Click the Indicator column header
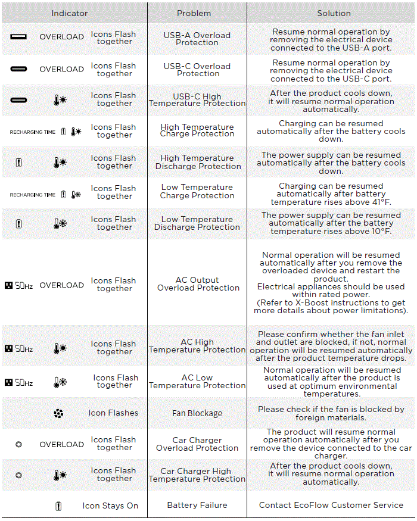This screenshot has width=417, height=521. click(x=70, y=13)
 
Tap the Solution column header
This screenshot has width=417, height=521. click(x=334, y=13)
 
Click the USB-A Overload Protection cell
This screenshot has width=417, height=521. click(x=197, y=39)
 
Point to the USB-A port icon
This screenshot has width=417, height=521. click(x=18, y=37)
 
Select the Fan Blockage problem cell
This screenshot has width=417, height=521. click(x=197, y=413)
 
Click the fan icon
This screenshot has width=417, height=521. click(x=58, y=413)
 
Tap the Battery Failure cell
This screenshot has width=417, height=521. click(x=197, y=505)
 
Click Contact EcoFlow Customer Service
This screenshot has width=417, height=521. click(x=331, y=505)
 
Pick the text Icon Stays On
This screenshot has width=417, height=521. click(x=110, y=506)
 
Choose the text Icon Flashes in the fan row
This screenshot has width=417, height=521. click(x=113, y=413)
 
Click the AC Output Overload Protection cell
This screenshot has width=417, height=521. click(x=197, y=284)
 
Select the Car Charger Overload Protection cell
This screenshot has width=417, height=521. click(x=197, y=444)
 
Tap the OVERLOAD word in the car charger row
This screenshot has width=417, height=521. click(x=61, y=444)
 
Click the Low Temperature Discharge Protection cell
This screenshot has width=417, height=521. click(x=197, y=223)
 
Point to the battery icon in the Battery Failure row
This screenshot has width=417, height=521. click(x=58, y=506)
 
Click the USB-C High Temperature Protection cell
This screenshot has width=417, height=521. click(x=197, y=100)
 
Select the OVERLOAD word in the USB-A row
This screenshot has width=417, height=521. click(x=61, y=37)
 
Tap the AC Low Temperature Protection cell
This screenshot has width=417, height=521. click(x=197, y=382)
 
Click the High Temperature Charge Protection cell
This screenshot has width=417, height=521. click(x=197, y=130)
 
